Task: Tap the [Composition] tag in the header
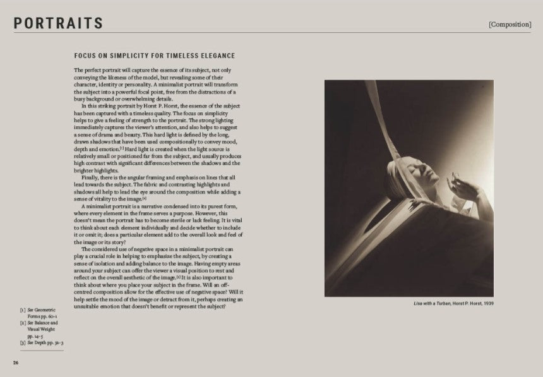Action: [510, 24]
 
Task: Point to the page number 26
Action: [15, 362]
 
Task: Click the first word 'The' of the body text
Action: [78, 69]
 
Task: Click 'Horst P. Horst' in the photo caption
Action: [463, 304]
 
